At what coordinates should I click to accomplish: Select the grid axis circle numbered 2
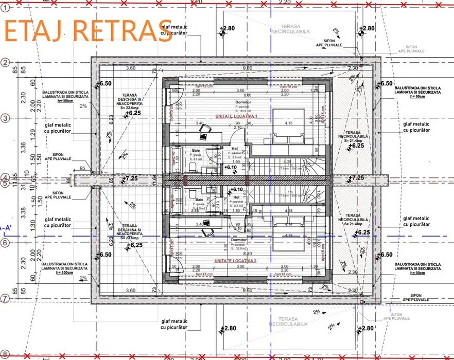5,63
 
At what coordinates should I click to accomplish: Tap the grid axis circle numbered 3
5,118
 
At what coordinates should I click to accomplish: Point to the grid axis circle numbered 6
5,243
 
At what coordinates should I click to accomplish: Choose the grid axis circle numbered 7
5,298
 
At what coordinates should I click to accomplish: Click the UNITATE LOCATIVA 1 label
236,117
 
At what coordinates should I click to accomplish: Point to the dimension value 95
82,168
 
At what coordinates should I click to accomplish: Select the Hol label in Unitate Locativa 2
237,197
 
